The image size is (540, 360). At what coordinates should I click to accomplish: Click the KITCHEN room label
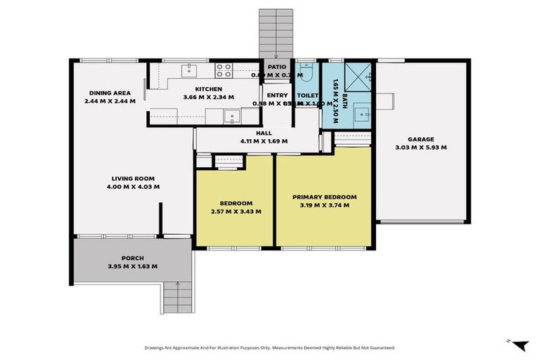click(x=208, y=89)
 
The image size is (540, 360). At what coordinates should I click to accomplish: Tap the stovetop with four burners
click(x=224, y=70)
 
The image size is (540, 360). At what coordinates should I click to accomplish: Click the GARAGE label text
click(x=421, y=139)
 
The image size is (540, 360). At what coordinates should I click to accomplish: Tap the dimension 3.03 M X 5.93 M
click(x=421, y=148)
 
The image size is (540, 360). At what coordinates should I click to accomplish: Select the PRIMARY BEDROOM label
click(x=324, y=197)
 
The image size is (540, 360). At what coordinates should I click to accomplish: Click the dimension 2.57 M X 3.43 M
click(x=236, y=211)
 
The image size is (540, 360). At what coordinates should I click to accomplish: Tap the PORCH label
click(x=132, y=258)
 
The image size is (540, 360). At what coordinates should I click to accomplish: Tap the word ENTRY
click(x=277, y=95)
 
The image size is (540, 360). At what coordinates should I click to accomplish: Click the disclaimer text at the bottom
click(x=269, y=347)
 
